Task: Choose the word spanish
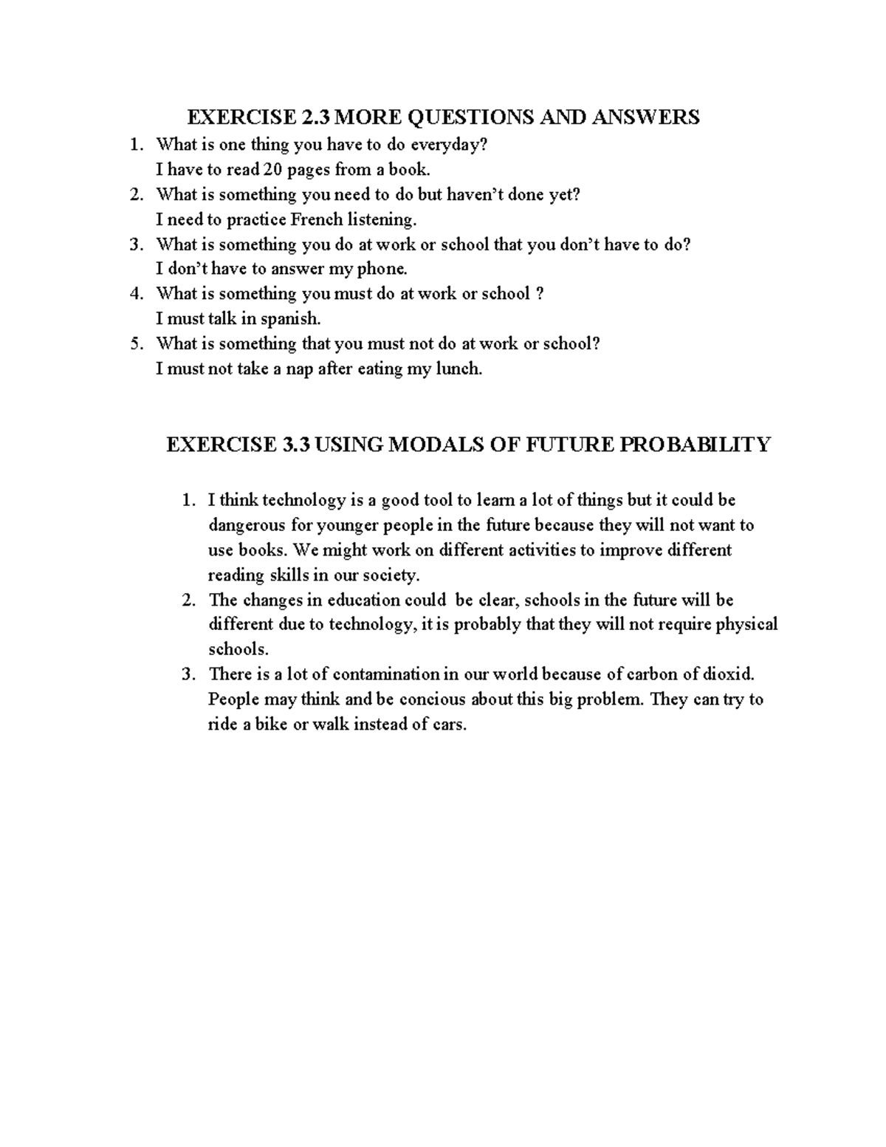pyautogui.click(x=292, y=319)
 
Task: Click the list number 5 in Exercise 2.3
pyautogui.click(x=135, y=343)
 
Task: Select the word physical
pyautogui.click(x=746, y=624)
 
